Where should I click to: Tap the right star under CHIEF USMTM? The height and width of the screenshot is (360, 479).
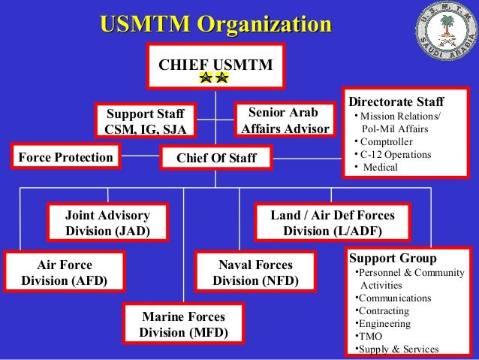[221, 78]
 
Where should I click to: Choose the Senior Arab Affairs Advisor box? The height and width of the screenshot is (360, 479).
[285, 120]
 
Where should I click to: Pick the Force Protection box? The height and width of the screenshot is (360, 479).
[65, 157]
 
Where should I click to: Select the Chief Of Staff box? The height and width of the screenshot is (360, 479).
[215, 158]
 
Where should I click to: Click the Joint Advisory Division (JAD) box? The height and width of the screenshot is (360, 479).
[107, 223]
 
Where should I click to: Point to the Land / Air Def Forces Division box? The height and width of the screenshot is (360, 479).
[332, 223]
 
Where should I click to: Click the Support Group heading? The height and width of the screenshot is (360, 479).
[387, 258]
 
